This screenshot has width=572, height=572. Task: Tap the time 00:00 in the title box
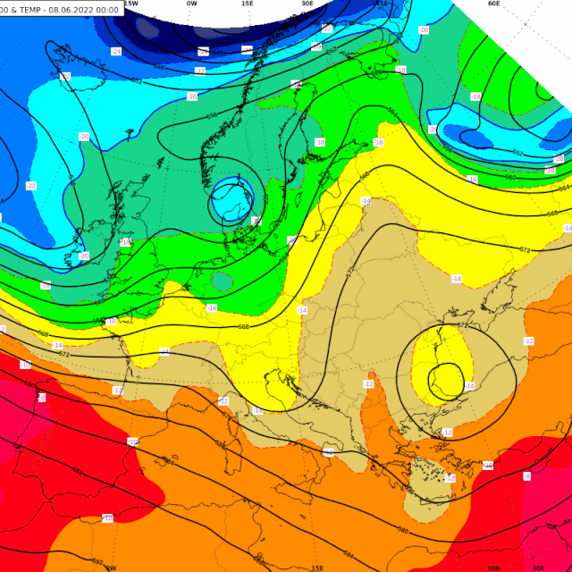tap(110, 9)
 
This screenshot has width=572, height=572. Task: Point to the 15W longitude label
tap(130, 4)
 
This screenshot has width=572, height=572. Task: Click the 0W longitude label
tap(191, 4)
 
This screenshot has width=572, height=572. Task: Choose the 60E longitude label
tap(493, 4)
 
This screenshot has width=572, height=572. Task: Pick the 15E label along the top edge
tap(247, 4)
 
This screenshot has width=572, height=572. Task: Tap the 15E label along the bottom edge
tap(317, 568)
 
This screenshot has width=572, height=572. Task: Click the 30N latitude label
tap(493, 568)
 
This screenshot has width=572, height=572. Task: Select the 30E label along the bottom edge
tap(538, 568)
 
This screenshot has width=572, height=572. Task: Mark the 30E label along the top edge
tap(307, 4)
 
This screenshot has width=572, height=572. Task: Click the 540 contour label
tap(203, 53)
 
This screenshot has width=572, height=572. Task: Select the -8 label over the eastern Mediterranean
tap(526, 476)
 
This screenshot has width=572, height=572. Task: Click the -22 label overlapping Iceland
tap(31, 186)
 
